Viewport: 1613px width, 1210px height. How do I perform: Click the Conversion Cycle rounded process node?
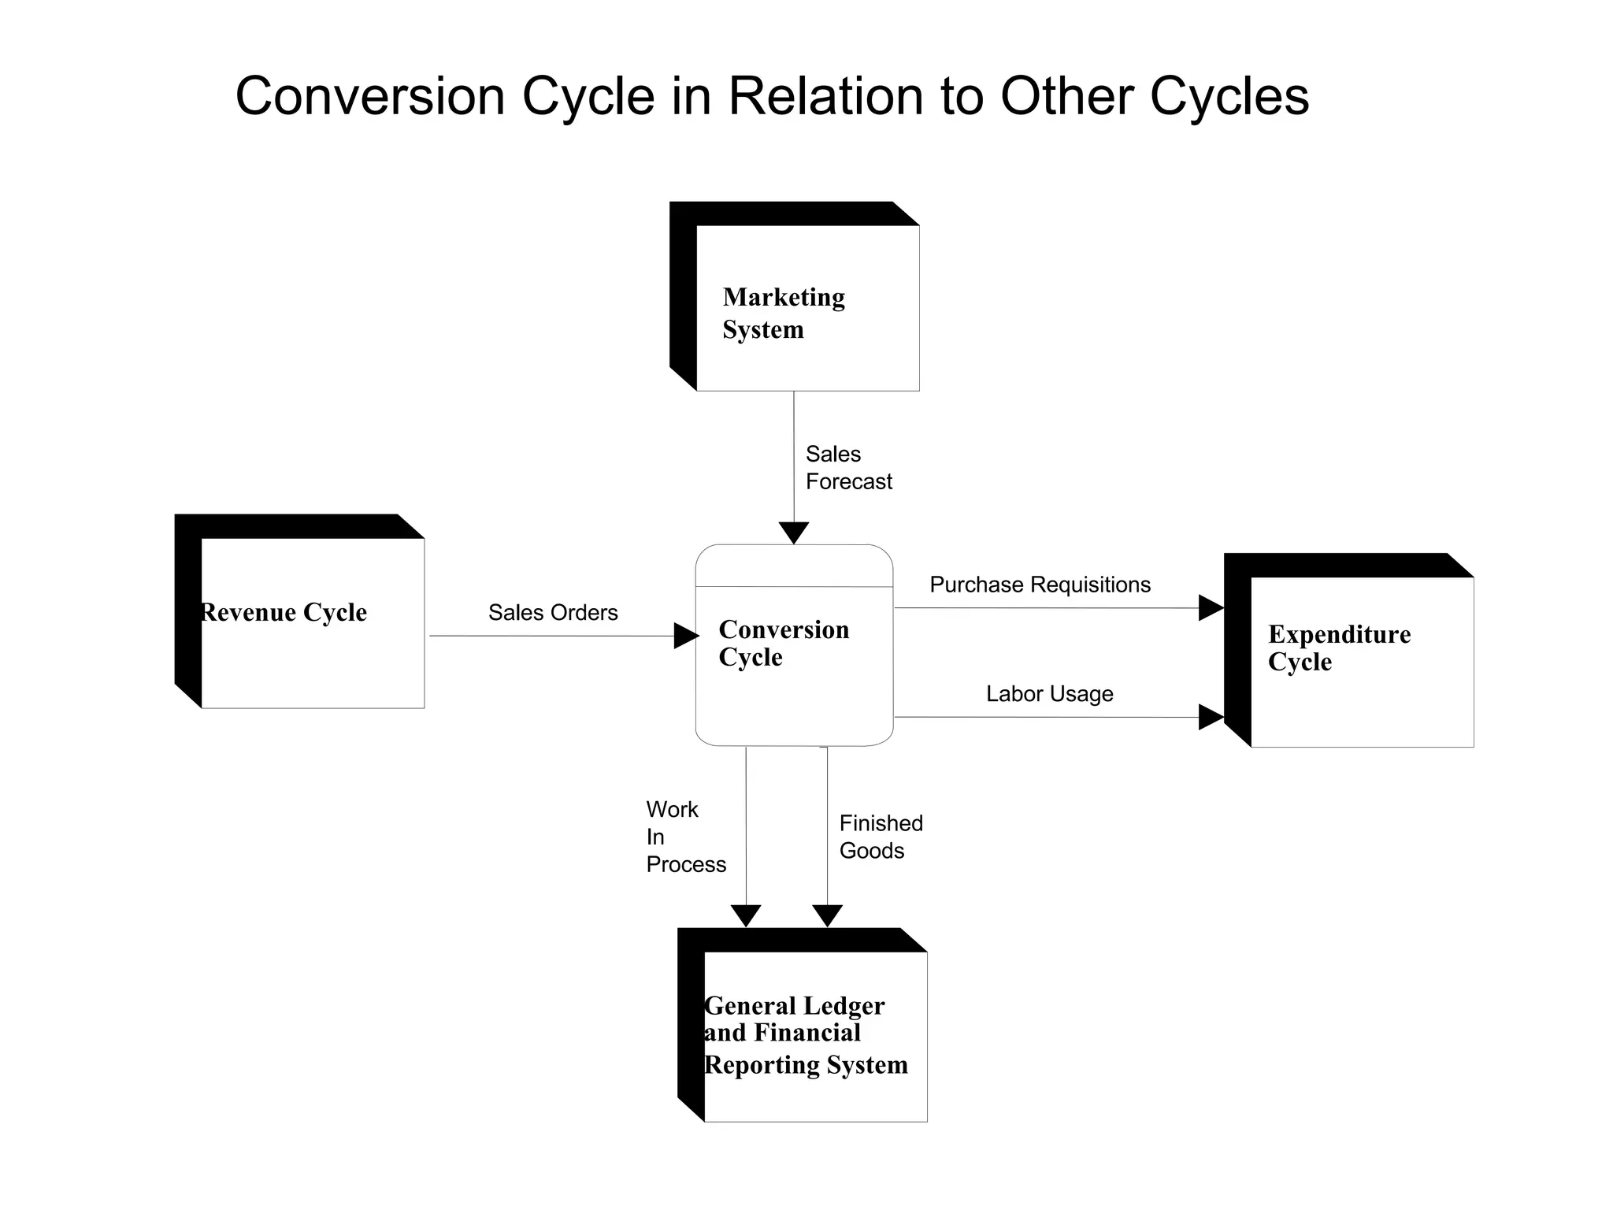794,644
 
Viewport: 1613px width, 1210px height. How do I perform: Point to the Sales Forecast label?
848,468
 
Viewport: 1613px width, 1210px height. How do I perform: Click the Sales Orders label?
553,612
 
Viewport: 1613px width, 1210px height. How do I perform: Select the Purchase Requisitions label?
1040,585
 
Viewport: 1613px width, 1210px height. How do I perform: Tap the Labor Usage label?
1049,694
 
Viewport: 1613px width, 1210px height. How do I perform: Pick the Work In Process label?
684,837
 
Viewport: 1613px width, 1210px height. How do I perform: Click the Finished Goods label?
880,837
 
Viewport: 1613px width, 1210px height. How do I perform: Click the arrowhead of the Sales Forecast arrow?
794,533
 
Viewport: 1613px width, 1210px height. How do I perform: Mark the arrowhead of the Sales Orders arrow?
686,636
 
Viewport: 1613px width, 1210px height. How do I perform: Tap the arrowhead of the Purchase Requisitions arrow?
1211,608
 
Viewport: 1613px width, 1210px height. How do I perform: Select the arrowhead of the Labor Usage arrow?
1211,717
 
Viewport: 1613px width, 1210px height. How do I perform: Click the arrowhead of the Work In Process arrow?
746,915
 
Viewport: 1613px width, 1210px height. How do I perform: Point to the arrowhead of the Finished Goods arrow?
827,915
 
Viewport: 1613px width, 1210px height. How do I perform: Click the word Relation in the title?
825,96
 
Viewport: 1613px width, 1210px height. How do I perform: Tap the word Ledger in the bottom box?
844,1006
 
